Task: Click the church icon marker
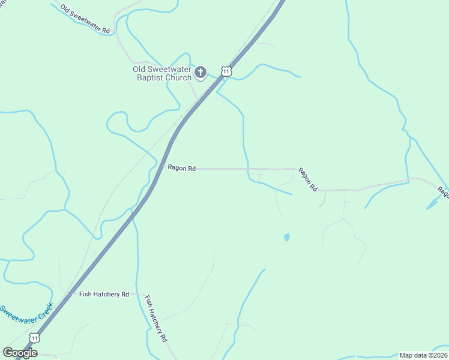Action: (200, 73)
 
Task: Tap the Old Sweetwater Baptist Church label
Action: (162, 73)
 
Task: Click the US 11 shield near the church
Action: (226, 71)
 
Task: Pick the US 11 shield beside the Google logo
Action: (35, 338)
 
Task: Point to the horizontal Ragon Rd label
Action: (182, 169)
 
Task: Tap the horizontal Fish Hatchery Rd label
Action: (104, 294)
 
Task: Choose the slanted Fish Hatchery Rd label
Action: (156, 318)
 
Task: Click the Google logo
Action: (20, 353)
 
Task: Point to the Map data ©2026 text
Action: (423, 355)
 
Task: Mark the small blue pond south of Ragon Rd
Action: (286, 237)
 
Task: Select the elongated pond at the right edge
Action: (433, 203)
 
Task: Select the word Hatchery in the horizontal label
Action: (106, 294)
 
